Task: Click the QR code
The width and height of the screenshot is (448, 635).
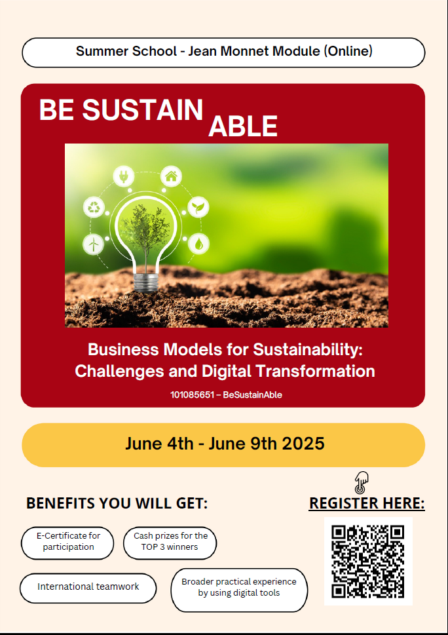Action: click(x=368, y=562)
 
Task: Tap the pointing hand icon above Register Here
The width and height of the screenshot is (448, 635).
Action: click(x=361, y=482)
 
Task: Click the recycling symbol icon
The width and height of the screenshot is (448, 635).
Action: click(x=94, y=207)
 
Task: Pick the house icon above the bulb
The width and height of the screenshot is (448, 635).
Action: click(x=171, y=176)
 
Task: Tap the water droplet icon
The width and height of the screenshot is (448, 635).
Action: click(x=198, y=244)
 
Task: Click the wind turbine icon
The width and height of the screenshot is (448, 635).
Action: click(x=94, y=244)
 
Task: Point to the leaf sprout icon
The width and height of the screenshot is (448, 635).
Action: click(x=198, y=207)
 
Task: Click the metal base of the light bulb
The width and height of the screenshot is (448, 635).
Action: click(x=145, y=282)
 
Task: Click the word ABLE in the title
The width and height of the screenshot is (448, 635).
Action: click(x=243, y=126)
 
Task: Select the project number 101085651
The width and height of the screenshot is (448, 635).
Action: click(x=192, y=395)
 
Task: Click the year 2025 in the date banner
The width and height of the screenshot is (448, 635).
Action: click(x=303, y=444)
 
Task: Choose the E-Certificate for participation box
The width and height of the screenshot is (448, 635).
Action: click(x=67, y=543)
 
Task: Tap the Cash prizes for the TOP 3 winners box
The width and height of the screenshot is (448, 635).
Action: click(x=170, y=543)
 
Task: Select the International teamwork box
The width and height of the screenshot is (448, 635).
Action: click(x=88, y=588)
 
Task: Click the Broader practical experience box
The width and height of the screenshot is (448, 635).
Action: click(x=239, y=590)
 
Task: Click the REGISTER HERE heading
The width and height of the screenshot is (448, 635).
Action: click(x=367, y=503)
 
